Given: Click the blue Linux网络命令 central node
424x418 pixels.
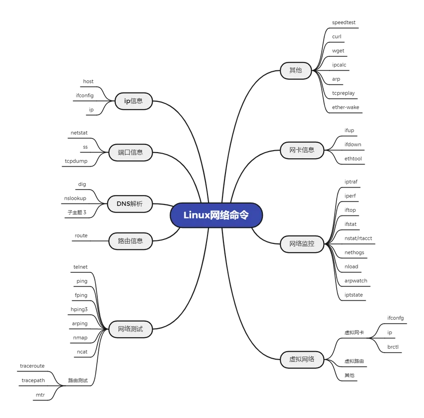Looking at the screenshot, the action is click(216, 215).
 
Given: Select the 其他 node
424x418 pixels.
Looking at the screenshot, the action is click(296, 70).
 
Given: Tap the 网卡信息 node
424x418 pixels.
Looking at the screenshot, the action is click(302, 150).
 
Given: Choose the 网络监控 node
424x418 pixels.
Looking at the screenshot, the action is click(302, 244).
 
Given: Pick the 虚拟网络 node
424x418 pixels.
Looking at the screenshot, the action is click(302, 359).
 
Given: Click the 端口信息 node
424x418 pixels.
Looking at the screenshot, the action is click(130, 152).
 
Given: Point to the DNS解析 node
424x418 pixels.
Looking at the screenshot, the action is click(130, 204).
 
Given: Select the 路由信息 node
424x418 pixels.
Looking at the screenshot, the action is click(130, 241).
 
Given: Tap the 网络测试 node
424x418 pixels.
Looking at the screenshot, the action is click(130, 329).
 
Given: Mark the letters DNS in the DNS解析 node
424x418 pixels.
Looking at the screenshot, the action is click(123, 204).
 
